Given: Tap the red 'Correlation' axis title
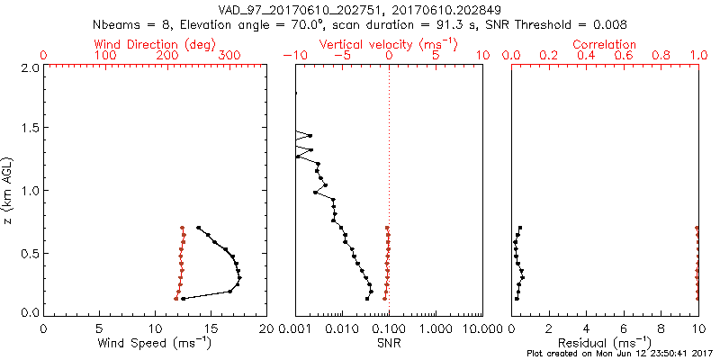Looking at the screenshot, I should (605, 44).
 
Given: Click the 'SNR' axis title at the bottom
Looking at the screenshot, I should (389, 342).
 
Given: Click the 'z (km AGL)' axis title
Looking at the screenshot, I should (9, 190).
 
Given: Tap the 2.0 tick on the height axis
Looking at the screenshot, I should (30, 67).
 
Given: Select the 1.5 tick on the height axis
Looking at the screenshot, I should (30, 129).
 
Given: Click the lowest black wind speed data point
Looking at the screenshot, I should (183, 299).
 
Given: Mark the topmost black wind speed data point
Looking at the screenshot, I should (198, 228).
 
